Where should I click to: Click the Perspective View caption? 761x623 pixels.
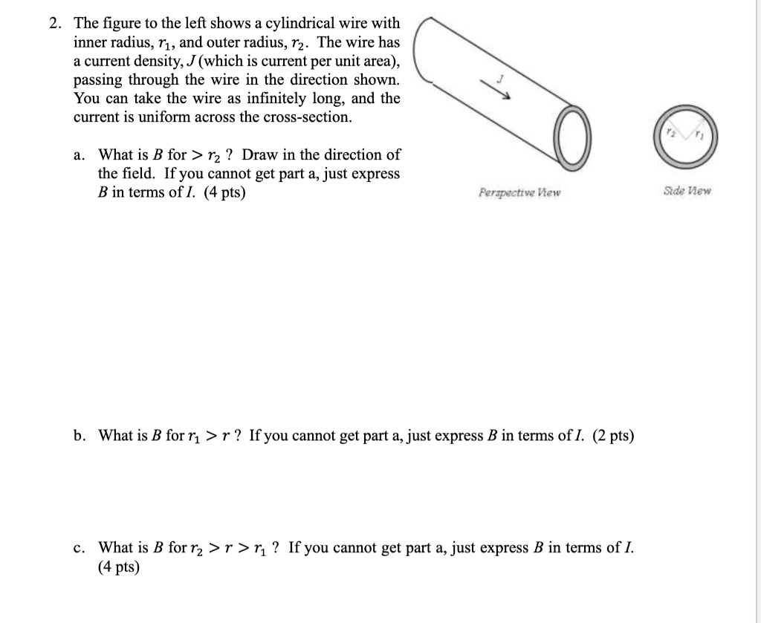[520, 193]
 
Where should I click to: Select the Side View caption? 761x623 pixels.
[687, 191]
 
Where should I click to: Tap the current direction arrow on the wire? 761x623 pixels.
[499, 88]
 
